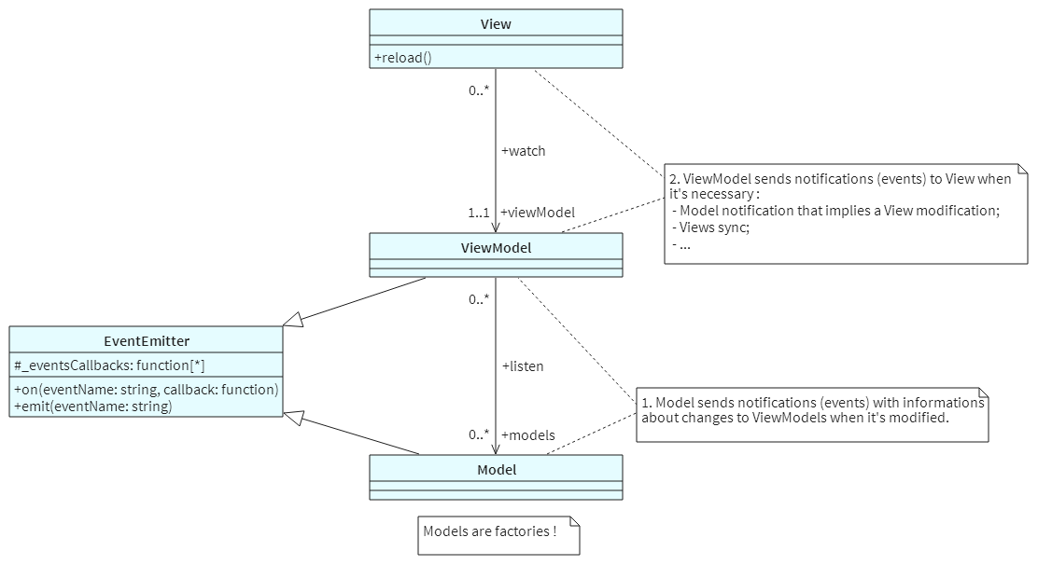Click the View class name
pyautogui.click(x=496, y=24)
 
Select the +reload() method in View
pyautogui.click(x=403, y=58)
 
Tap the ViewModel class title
pyautogui.click(x=496, y=248)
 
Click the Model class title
pyautogui.click(x=496, y=470)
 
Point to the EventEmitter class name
pyautogui.click(x=147, y=341)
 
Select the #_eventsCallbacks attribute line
pyautogui.click(x=109, y=365)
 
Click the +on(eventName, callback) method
pyautogui.click(x=146, y=390)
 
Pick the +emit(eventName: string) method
pyautogui.click(x=92, y=407)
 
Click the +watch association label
pyautogui.click(x=523, y=151)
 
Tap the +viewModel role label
pyautogui.click(x=537, y=213)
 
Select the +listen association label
pyautogui.click(x=522, y=366)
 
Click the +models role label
pyautogui.click(x=527, y=435)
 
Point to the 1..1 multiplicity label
pyautogui.click(x=479, y=213)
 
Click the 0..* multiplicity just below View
pyautogui.click(x=479, y=91)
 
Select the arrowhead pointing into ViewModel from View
pyautogui.click(x=496, y=226)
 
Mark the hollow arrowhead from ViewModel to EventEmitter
pyautogui.click(x=293, y=320)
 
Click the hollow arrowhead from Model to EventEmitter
pyautogui.click(x=293, y=417)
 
